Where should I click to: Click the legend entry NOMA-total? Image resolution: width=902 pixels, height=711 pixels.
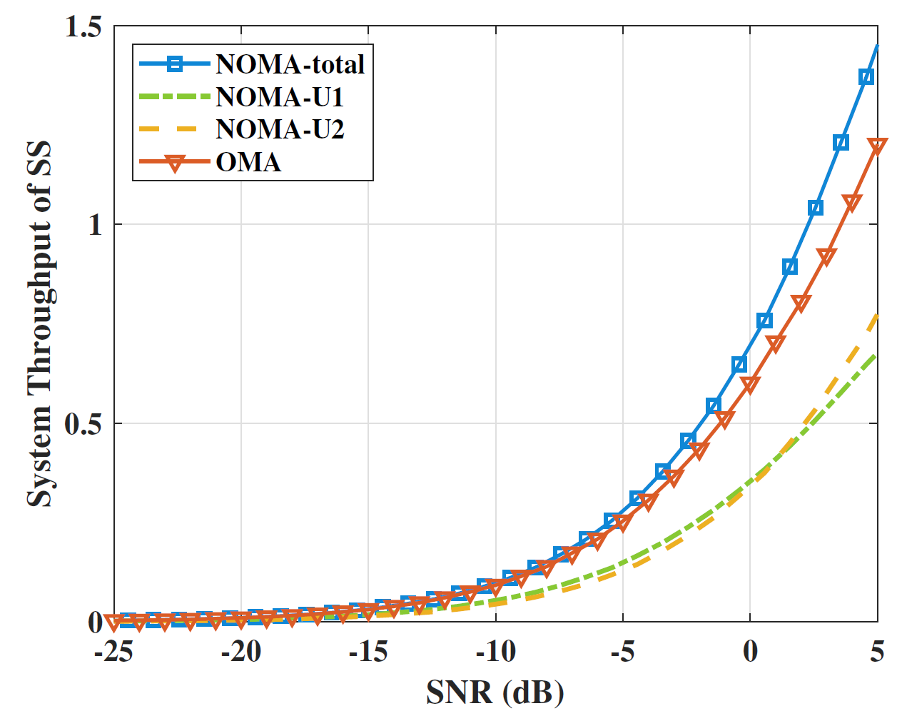290,64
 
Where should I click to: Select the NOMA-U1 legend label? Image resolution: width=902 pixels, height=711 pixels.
280,97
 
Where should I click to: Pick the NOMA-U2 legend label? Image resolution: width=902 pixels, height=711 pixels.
280,129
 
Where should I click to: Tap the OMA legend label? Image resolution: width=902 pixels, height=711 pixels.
248,162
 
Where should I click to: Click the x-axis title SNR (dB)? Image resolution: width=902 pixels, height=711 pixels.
495,691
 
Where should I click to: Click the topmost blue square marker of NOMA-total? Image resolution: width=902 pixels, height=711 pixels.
866,77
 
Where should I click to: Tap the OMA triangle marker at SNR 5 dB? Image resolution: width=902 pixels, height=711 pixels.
877,146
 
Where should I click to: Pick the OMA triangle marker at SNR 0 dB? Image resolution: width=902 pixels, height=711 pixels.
750,385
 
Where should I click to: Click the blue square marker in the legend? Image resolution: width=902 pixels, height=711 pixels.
175,64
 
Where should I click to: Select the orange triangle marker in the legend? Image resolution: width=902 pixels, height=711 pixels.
175,163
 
